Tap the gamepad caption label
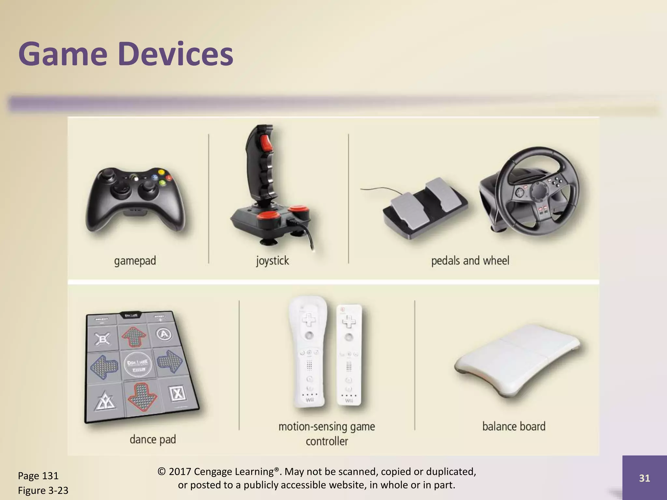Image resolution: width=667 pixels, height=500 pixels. point(135,261)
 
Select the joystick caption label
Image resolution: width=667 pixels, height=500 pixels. point(272,261)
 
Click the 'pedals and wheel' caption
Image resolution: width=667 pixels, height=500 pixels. point(470,261)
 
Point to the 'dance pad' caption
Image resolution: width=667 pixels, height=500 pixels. point(152,439)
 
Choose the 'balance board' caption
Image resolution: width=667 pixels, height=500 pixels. point(514,426)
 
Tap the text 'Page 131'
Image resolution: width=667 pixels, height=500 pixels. point(38,476)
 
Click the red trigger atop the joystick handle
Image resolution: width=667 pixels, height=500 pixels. point(266,143)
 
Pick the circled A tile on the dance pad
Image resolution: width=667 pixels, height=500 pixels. point(164,334)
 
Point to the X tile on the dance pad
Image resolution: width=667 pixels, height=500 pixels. point(177,394)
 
